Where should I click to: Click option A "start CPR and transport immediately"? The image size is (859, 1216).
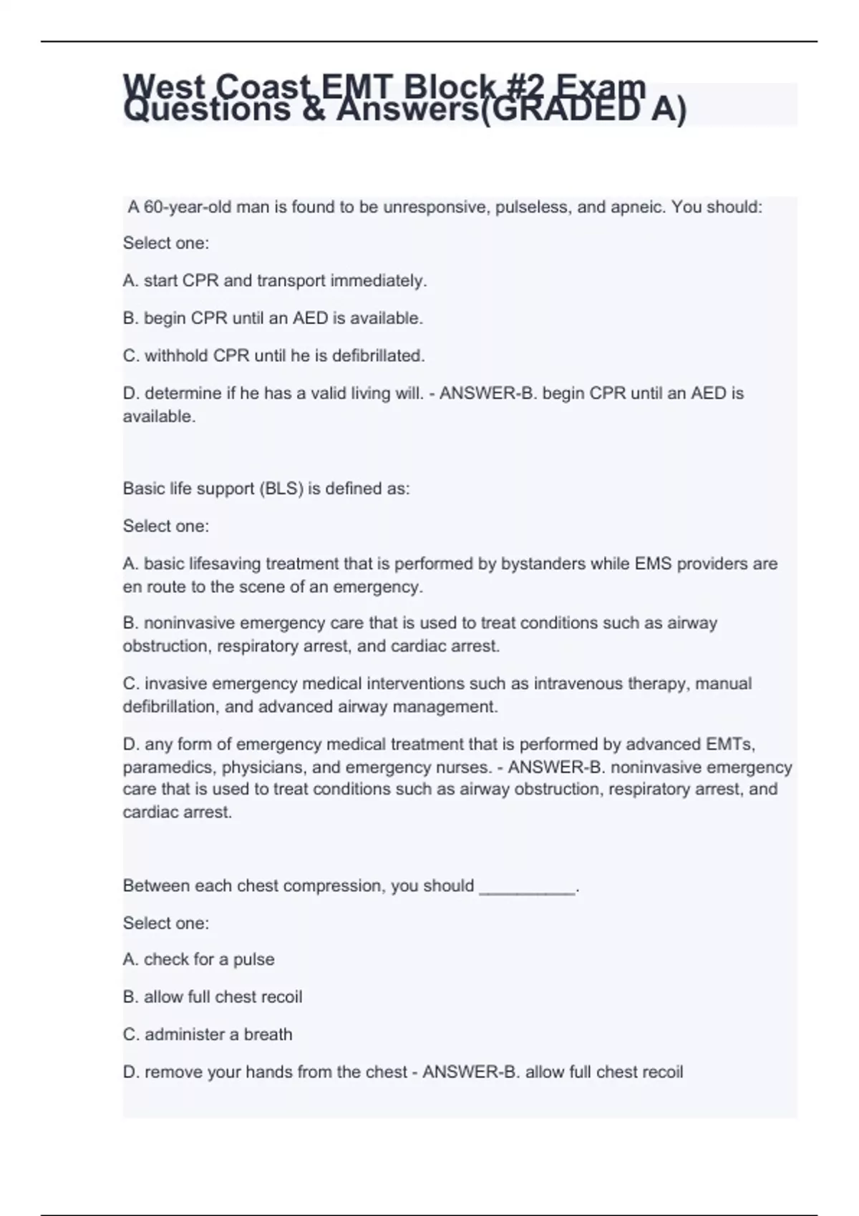click(275, 281)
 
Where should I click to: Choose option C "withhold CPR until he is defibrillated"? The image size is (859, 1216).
click(274, 356)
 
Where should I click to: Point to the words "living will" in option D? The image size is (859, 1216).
click(387, 393)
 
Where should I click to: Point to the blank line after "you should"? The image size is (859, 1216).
click(527, 887)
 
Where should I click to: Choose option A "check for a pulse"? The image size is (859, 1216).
click(199, 959)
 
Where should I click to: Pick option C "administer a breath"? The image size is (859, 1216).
click(208, 1034)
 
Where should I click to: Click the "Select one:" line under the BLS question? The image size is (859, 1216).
click(166, 526)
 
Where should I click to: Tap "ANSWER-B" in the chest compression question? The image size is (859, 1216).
click(457, 1072)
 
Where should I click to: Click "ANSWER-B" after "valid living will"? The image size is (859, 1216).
click(474, 393)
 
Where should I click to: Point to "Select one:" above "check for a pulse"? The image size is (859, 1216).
click(166, 923)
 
